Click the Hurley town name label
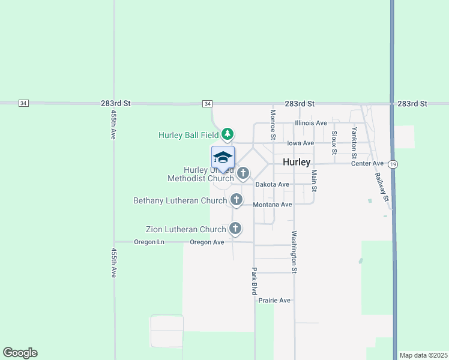297,163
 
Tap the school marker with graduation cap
223,158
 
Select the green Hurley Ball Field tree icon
227,133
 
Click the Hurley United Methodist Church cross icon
243,173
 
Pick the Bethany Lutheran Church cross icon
237,199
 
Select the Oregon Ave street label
206,242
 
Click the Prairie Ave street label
274,300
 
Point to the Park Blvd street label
255,281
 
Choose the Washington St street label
295,252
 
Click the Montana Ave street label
273,205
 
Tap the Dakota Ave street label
273,185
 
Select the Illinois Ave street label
310,123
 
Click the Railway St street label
382,187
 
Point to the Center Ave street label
367,163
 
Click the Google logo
20,353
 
